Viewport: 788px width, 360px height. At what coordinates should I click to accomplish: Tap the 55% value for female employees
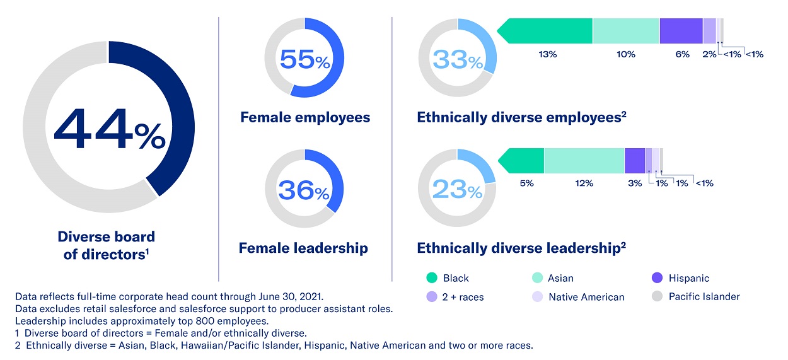304,59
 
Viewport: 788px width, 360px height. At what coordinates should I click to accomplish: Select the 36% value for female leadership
304,190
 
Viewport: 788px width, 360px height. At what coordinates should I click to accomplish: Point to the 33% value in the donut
458,60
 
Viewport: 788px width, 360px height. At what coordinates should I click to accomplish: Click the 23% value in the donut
458,189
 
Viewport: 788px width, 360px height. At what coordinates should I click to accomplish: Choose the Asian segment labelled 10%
625,31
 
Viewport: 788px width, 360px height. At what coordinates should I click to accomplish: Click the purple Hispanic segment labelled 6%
681,31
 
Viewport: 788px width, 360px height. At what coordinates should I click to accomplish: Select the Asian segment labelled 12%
584,161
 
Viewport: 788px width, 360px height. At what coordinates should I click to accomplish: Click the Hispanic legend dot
656,278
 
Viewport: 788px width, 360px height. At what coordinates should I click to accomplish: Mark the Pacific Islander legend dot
656,296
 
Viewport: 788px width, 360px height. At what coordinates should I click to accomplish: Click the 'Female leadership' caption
303,248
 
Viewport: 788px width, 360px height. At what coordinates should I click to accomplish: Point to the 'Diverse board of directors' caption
106,245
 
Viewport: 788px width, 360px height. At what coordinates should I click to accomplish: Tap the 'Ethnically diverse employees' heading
521,117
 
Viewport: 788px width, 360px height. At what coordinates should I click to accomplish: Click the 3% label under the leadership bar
635,183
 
